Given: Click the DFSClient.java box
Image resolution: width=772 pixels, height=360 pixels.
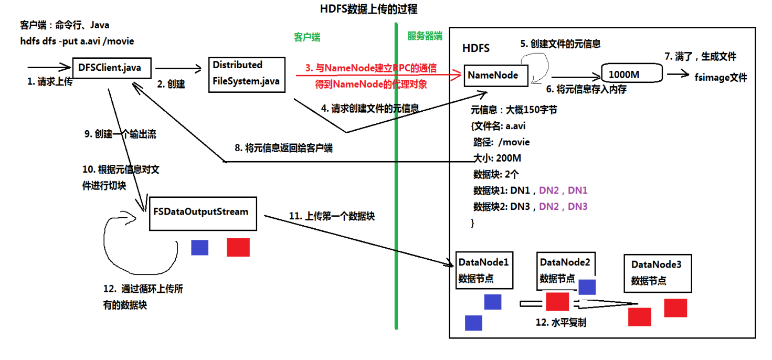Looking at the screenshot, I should tap(109, 68).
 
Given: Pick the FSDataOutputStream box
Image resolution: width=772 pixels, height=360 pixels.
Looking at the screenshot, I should tap(203, 213).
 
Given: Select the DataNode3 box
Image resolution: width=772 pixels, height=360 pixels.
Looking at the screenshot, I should tap(656, 273).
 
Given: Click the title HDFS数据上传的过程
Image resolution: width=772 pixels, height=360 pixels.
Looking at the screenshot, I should tap(368, 9).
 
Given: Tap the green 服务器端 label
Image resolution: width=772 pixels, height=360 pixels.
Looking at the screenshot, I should tap(425, 36).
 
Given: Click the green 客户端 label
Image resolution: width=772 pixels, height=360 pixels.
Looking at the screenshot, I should tap(307, 37).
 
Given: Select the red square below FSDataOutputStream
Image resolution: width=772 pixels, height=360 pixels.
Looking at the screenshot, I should tap(238, 247).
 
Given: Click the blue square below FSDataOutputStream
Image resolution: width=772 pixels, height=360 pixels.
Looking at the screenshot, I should tap(199, 247).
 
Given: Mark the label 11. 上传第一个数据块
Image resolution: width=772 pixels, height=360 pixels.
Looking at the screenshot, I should tap(332, 216).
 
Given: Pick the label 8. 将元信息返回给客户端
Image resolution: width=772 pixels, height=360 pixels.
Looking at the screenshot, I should tap(283, 148).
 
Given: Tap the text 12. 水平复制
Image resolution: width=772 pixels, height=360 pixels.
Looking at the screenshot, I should tap(561, 323).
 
